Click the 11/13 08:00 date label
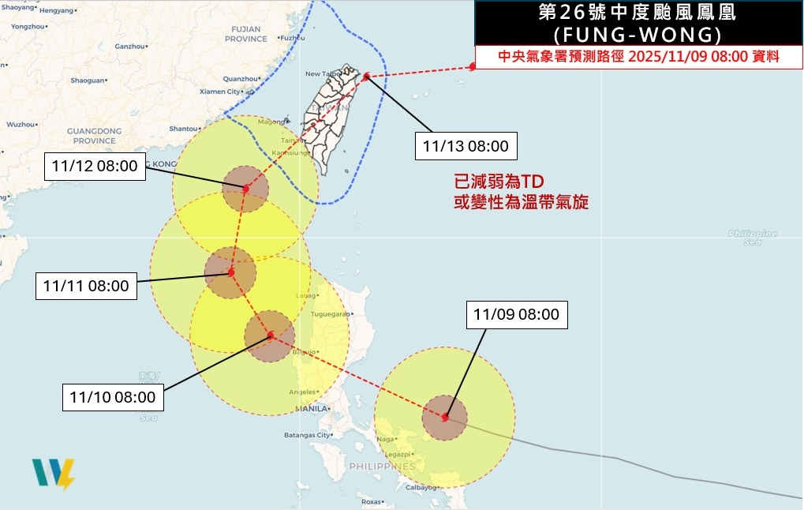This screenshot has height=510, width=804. pos(465,146)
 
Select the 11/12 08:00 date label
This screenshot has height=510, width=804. pos(95,166)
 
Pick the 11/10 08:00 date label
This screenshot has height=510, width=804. pos(113,396)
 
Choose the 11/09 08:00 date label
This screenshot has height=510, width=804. pos(516,314)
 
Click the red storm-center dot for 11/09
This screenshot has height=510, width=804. pos(446,417)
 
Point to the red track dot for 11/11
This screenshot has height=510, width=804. pos(231,272)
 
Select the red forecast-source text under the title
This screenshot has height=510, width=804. pos(639,57)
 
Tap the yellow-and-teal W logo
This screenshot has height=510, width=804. pos(54,474)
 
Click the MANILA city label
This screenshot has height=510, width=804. pos(311,410)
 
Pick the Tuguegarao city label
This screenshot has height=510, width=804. pos(330,314)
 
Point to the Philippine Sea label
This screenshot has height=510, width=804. pos(753,237)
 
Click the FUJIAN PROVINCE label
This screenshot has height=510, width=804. pos(246,34)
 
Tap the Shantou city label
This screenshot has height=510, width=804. pos(183,129)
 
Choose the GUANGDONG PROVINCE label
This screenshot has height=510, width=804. pos(94,135)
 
